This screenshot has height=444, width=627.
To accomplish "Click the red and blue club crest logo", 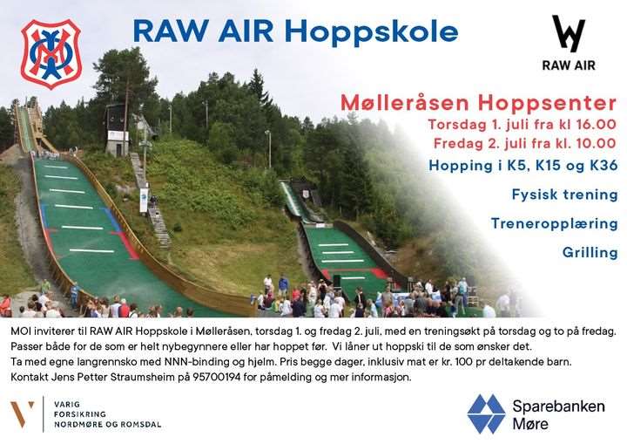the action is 51,54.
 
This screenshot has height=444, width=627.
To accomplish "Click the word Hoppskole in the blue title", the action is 373,32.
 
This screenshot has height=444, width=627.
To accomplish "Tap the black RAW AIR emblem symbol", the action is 568,34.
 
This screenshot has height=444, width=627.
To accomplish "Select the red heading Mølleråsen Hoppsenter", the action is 478,103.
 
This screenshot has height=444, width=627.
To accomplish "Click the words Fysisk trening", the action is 564,195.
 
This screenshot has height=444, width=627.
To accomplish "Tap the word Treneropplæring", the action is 554,223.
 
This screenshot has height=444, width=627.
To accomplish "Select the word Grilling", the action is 590,252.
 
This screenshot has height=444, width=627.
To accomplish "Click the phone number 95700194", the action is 216,377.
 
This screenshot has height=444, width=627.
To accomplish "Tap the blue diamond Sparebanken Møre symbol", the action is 486,414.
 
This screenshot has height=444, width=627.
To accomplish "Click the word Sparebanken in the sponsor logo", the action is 558,406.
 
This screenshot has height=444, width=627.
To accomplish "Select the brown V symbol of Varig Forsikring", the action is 23,413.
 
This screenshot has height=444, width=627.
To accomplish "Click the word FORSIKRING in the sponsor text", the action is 80,414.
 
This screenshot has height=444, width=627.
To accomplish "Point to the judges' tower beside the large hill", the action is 117,130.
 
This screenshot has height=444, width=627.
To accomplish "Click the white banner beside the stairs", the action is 144,200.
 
